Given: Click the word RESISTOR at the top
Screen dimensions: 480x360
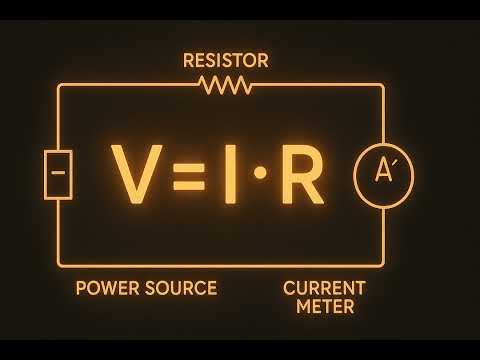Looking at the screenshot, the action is pos(225,61).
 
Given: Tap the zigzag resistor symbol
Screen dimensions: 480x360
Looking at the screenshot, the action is pos(226,86).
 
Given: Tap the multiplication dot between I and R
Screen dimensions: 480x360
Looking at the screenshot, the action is pos(260,175).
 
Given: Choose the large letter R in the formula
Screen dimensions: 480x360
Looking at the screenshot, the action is pos(300,176).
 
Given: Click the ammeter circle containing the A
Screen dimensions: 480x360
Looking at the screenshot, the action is pos(383,176).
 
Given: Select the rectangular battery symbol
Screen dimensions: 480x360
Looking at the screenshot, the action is pos(58,175).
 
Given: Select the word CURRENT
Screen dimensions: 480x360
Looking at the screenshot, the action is pos(324,288).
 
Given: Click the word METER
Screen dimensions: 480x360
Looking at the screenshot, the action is pos(325,307).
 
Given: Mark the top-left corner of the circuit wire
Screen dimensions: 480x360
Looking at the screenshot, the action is pos(59,86).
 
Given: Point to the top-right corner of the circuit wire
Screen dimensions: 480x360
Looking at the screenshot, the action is pos(383,86).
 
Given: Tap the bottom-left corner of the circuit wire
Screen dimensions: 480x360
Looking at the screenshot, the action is pos(59,265).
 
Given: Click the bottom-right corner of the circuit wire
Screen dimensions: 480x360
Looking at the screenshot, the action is pos(383,265).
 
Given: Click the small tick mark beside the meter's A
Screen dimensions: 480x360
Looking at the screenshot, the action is pos(395,164).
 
